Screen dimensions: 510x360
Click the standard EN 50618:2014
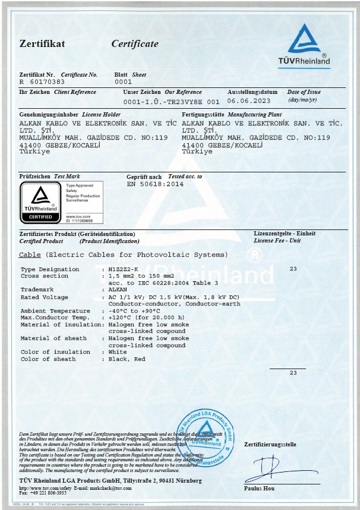(x=156, y=184)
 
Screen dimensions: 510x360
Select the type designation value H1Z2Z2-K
(x=123, y=269)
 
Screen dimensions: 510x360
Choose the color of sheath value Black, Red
(x=127, y=359)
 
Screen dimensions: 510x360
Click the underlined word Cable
(x=30, y=254)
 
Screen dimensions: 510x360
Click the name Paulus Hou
(x=260, y=488)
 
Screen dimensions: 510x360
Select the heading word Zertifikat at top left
(x=42, y=44)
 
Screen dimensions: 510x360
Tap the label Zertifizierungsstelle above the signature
(x=270, y=445)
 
